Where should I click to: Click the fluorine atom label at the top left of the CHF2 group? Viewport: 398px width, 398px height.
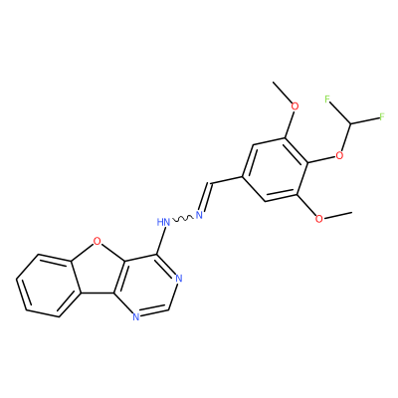(328, 99)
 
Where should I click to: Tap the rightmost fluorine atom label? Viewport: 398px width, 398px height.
(381, 116)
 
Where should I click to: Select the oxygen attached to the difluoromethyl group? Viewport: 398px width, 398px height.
(339, 155)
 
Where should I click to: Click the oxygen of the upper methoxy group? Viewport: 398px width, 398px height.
(295, 106)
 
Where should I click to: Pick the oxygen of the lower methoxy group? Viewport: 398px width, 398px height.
(318, 219)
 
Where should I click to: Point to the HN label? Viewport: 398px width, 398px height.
(163, 222)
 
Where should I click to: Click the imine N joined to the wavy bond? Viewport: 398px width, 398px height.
(199, 215)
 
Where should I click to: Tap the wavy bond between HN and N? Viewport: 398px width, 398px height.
(182, 219)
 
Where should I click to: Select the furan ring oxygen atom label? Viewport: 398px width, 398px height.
(97, 241)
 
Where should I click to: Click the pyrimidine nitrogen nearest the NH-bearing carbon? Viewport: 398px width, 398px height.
(179, 279)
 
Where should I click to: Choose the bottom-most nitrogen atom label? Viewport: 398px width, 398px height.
(135, 317)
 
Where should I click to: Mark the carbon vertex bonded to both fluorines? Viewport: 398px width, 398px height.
(351, 124)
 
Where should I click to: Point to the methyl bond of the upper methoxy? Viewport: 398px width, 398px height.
(282, 92)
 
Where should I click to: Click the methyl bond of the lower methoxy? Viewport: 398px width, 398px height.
(337, 215)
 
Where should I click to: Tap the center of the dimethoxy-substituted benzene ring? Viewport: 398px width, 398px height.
(275, 169)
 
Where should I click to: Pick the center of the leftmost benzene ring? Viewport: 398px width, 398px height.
(50, 286)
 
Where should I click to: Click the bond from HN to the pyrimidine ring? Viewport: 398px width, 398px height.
(161, 241)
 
